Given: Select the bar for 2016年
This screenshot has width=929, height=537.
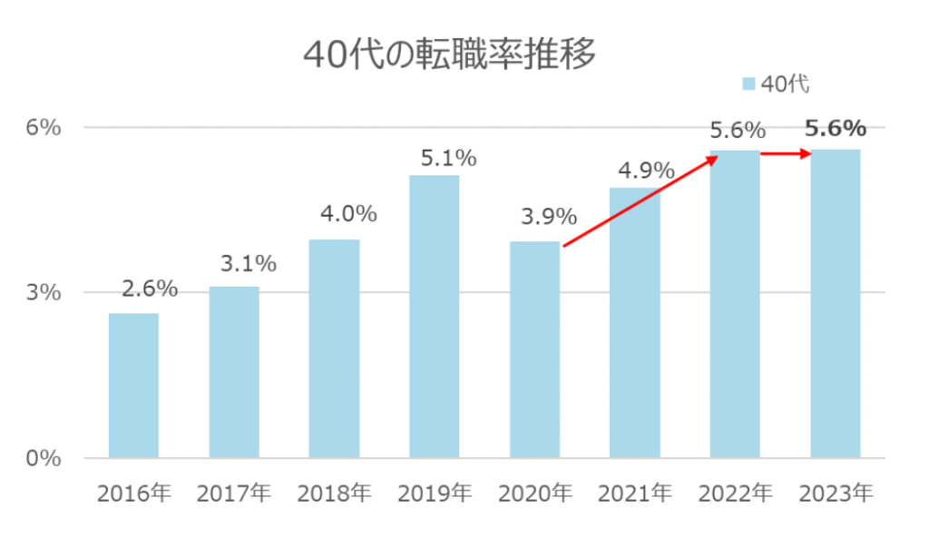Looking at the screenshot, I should (x=133, y=385).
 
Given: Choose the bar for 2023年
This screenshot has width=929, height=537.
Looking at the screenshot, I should (x=835, y=303).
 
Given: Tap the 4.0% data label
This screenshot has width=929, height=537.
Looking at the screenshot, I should (x=348, y=215).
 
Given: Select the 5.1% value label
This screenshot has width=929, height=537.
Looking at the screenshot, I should (x=448, y=159).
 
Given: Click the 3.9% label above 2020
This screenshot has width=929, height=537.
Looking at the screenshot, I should (x=549, y=218).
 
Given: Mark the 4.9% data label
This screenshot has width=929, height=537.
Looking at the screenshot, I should (x=647, y=170).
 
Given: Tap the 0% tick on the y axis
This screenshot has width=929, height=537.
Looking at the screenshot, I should (x=44, y=458).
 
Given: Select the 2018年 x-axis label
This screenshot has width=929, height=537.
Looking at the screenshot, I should (x=334, y=493).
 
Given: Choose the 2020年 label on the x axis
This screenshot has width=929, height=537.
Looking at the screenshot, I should (x=534, y=493).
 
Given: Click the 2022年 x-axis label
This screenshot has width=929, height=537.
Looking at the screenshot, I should (x=735, y=493).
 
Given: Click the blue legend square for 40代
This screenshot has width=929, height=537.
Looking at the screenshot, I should (x=748, y=84).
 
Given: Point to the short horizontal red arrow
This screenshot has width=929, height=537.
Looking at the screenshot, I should (x=786, y=154).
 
